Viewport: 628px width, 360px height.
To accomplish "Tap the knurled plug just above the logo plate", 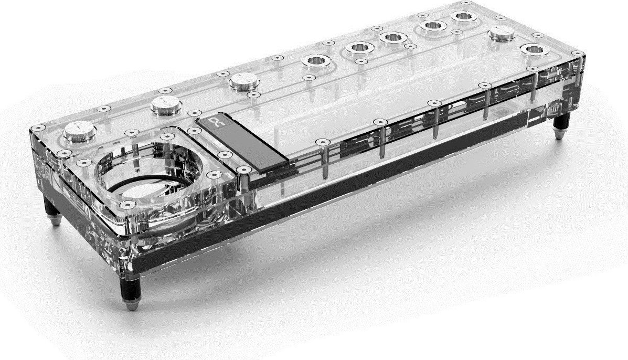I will [243, 81].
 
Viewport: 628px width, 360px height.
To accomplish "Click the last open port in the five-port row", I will [463, 16].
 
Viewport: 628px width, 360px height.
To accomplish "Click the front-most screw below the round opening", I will [125, 205].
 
